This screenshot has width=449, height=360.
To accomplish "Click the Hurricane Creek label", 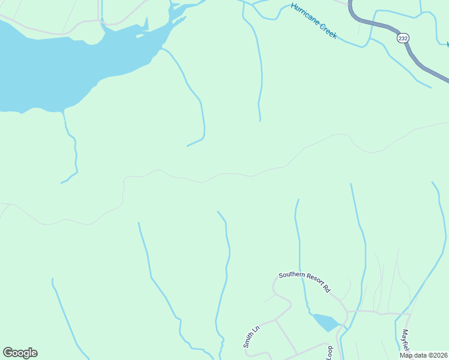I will pos(313,22).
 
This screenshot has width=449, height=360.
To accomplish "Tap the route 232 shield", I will pos(402,37).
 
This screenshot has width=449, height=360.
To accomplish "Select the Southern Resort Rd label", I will pos(305,283).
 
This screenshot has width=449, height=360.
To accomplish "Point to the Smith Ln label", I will pos(251,337).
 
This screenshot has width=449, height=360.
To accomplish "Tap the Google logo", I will pos(20,353).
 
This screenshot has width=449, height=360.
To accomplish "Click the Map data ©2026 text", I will pos(424,355).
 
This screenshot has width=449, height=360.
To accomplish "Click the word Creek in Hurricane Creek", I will pos(328,32).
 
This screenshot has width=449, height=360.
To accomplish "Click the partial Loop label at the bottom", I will pos(329,352).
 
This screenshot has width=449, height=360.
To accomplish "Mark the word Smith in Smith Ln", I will pos(249,340).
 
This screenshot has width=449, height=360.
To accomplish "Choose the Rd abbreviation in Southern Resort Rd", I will pos(327,289).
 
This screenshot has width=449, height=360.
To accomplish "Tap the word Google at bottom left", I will pos(20,353).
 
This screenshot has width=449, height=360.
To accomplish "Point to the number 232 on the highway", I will pos(402,37).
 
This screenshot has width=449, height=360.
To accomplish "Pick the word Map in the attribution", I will pos(406,355).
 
